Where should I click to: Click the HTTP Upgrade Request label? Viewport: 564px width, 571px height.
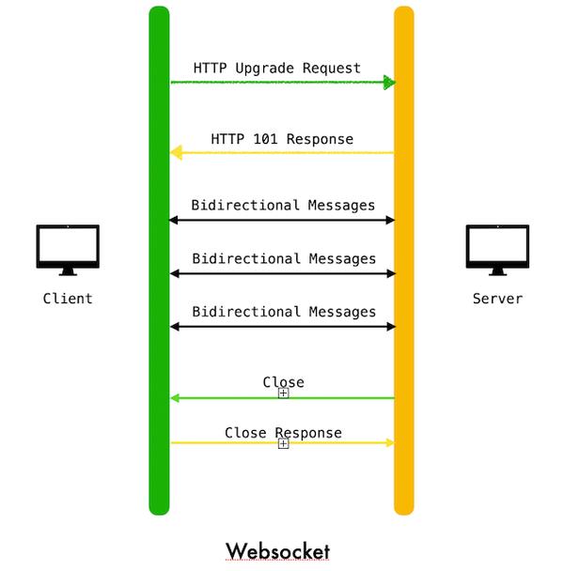click(277, 69)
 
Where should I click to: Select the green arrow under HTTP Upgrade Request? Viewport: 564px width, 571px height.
click(282, 83)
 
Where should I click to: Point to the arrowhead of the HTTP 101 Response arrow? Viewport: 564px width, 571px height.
click(175, 153)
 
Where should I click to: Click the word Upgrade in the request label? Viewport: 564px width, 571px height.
click(266, 69)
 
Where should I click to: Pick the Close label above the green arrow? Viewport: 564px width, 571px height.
click(283, 382)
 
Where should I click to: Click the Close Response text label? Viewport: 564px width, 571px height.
click(283, 433)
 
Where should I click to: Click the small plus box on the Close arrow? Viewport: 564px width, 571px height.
click(283, 394)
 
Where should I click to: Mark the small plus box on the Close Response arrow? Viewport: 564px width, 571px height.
click(283, 443)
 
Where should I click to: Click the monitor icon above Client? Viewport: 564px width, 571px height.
click(68, 249)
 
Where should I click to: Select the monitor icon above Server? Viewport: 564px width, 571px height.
click(497, 249)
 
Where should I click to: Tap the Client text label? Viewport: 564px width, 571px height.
click(68, 299)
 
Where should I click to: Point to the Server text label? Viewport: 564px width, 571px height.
click(497, 299)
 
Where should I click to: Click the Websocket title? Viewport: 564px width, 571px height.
click(277, 549)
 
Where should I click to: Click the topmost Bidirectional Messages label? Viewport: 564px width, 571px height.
click(283, 205)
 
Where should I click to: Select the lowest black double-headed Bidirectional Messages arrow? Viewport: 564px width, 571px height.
click(282, 327)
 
